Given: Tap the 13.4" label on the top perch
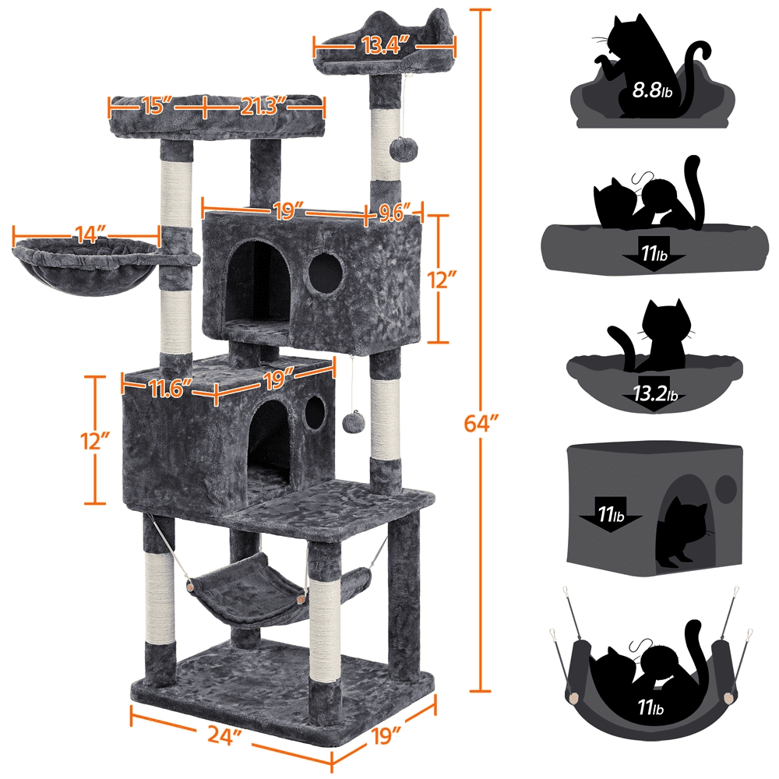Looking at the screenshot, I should [x=384, y=45].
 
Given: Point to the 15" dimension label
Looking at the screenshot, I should [x=156, y=104].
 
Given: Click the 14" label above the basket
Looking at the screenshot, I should [x=86, y=233].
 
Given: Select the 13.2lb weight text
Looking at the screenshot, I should [x=653, y=395].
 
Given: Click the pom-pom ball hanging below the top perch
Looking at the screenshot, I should [x=402, y=147].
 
